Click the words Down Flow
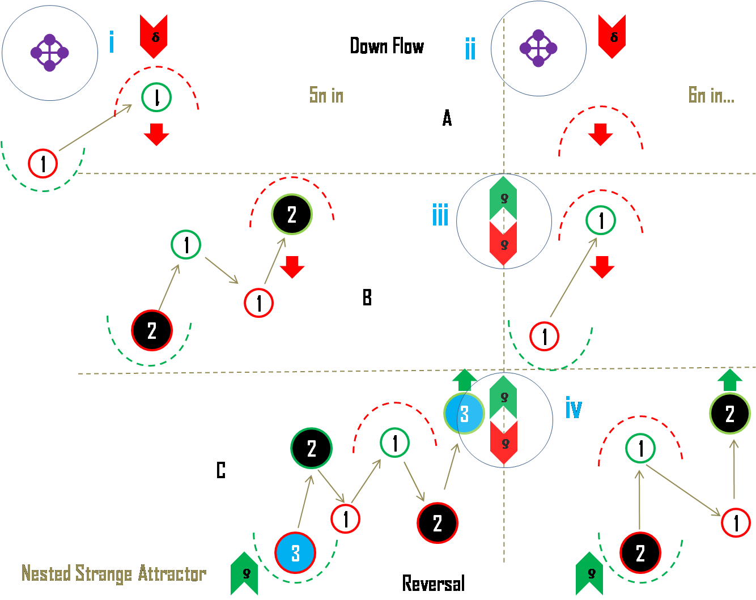(387, 46)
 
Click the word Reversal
(434, 583)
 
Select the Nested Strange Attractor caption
(113, 573)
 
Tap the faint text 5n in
(326, 95)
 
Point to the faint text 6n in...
(711, 95)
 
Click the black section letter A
(447, 118)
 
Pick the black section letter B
(367, 297)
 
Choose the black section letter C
(221, 470)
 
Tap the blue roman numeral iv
(574, 407)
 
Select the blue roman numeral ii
(470, 48)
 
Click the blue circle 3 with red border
(295, 553)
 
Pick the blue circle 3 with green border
(464, 414)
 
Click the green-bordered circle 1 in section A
(156, 97)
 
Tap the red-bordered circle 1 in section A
(43, 164)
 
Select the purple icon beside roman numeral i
(50, 53)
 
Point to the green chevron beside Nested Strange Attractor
(244, 573)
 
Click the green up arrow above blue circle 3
(465, 378)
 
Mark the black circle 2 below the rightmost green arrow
(730, 414)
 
